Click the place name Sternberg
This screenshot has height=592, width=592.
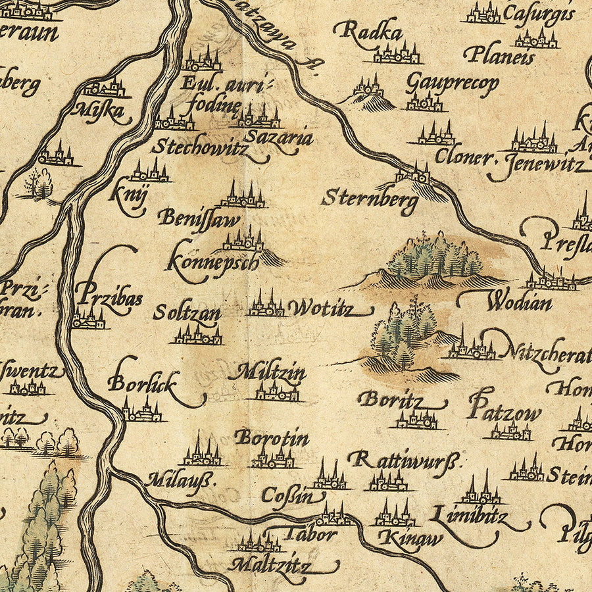click(370, 199)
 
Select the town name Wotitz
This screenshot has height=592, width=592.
click(321, 307)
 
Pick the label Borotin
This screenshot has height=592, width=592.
click(272, 437)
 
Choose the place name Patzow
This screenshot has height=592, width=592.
click(505, 411)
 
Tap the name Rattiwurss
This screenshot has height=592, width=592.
click(402, 458)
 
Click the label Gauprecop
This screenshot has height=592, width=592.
click(452, 84)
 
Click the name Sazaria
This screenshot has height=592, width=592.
click(278, 138)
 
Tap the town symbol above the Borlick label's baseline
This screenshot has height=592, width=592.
click(141, 410)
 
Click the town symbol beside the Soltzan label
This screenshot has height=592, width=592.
click(197, 335)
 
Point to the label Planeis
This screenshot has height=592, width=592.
click(499, 55)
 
